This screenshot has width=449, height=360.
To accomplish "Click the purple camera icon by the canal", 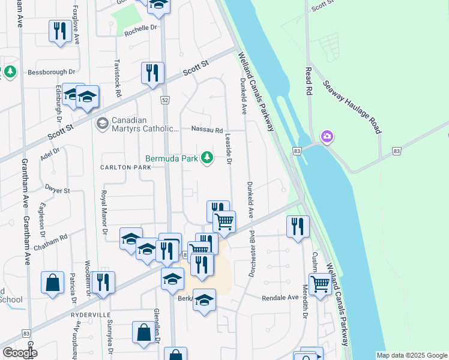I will point(327,137).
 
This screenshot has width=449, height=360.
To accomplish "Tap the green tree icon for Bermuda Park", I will point(207,158).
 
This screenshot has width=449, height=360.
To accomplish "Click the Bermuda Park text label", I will point(172,159).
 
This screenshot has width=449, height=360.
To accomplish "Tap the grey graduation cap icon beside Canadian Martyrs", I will point(101,124).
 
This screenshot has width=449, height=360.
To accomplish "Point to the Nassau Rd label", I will point(207,130).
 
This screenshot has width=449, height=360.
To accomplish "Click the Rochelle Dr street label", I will point(140,28).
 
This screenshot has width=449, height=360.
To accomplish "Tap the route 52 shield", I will point(163,100).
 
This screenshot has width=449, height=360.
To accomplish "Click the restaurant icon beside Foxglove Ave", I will point(59,30).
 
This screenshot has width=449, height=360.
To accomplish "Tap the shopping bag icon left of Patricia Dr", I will point(52,283).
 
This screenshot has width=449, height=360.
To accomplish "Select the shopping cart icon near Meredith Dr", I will point(320,283).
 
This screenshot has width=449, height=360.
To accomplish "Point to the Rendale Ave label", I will point(280,298).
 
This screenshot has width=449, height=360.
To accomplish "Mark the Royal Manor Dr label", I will point(104,211).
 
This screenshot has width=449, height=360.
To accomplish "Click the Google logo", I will point(20,353).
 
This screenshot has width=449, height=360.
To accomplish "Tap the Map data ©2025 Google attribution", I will point(412,355).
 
